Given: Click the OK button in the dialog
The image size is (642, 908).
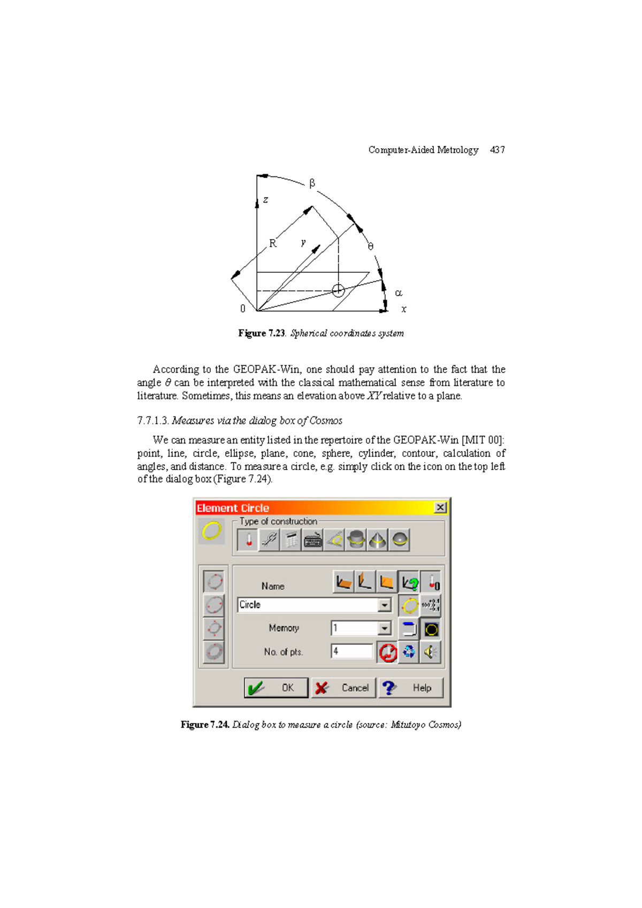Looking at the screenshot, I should point(276,688).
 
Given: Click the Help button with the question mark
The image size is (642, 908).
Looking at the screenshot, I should point(411,688).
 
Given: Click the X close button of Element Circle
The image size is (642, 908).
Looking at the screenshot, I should point(440,507).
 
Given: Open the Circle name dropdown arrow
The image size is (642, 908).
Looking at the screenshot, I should point(384,605).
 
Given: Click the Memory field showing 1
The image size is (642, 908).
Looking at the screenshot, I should point(355,628).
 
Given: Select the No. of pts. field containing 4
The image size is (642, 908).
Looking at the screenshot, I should point(351,651).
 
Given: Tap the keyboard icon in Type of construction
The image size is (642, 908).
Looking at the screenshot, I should point(312,540).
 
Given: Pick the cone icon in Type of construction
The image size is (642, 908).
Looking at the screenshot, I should point(378,540).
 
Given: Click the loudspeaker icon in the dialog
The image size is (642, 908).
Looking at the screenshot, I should point(431,652).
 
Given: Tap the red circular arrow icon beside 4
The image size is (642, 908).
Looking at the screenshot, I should point(388,652).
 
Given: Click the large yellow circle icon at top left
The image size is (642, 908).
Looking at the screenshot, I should point(211,531).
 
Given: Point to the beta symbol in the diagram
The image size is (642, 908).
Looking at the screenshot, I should point(312,183).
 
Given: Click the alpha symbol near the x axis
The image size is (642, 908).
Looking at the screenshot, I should point(398,293).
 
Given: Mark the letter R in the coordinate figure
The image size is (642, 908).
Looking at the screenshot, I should point(273,244).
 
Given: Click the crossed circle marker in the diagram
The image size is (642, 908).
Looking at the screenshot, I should point(338,290).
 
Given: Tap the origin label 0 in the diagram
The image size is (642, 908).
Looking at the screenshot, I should point(242,309).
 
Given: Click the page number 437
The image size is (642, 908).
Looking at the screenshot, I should point(497,150).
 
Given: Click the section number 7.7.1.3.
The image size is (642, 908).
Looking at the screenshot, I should point(153,420).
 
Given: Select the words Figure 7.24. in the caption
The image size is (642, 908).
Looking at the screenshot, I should point(205,725).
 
